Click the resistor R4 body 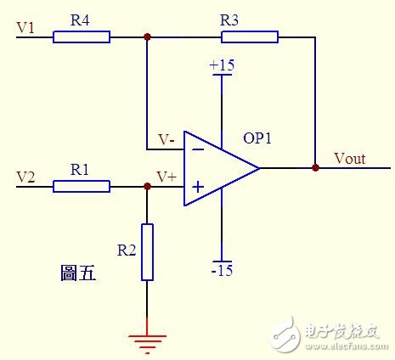(x=82, y=37)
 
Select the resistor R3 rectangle (x=250, y=37)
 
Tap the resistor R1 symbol (x=82, y=187)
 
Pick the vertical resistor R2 (x=147, y=252)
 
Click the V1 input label (x=25, y=28)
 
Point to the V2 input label (x=25, y=177)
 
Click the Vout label (x=350, y=159)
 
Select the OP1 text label (x=257, y=138)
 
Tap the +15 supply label (x=222, y=65)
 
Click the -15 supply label (x=223, y=271)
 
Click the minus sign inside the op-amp (x=198, y=149)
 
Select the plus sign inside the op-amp (x=198, y=187)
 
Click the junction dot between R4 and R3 (x=147, y=37)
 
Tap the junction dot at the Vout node (x=316, y=168)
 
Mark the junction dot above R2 (x=147, y=186)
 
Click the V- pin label (x=166, y=140)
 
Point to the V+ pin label (x=166, y=177)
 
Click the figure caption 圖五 (x=78, y=273)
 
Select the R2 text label (x=127, y=250)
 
